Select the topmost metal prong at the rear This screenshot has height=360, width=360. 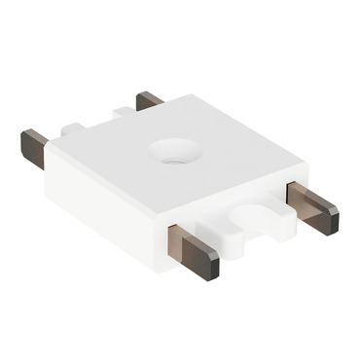tap(149, 100)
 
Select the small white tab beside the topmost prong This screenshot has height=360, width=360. tap(121, 112)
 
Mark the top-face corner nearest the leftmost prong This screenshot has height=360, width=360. tap(51, 147)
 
